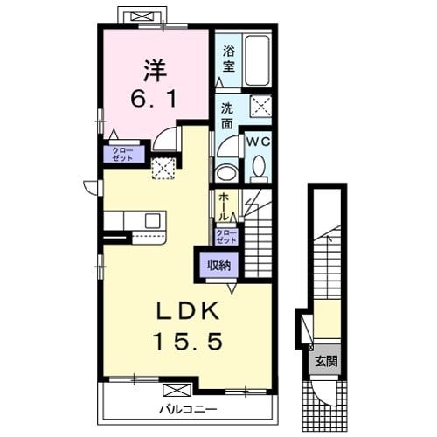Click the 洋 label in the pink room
tap(155, 70)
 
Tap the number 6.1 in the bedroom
tap(154, 99)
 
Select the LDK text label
tap(188, 311)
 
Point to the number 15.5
tap(188, 342)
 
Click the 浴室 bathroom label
tap(229, 59)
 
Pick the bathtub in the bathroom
tap(257, 60)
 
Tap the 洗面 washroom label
tap(227, 116)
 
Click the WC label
tap(258, 142)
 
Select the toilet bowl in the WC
tap(259, 167)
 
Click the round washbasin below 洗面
tap(226, 174)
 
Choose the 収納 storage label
tap(219, 265)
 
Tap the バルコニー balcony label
tap(188, 410)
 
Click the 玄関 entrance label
tap(326, 361)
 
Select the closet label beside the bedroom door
tap(122, 154)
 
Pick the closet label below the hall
tap(226, 236)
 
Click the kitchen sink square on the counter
tap(153, 221)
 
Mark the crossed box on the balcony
tap(177, 390)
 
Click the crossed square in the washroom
tap(260, 107)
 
